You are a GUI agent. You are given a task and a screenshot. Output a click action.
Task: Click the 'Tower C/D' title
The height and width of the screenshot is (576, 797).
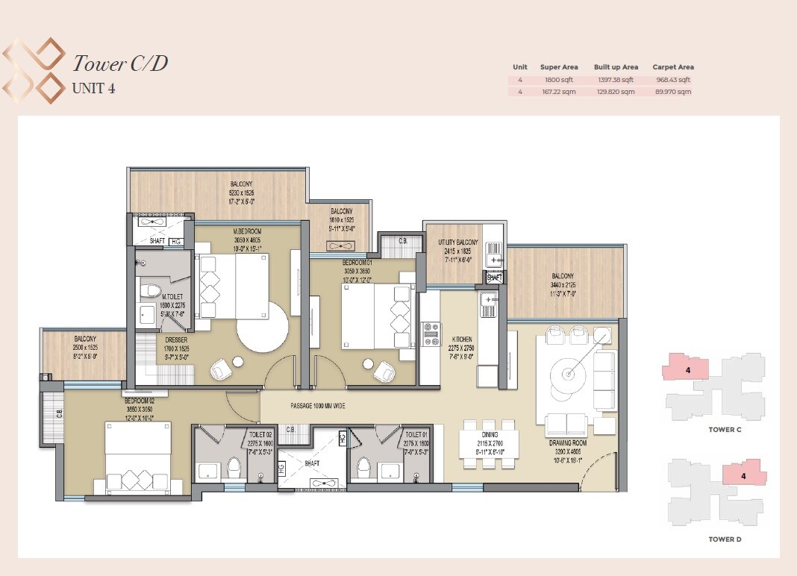[x=119, y=63]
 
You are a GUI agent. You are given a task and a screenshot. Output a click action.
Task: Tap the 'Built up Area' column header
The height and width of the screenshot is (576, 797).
[x=616, y=67]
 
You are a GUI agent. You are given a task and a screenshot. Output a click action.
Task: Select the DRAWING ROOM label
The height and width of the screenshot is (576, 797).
[x=569, y=442]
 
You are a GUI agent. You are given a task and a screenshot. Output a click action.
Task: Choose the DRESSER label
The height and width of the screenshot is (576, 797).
[x=176, y=339]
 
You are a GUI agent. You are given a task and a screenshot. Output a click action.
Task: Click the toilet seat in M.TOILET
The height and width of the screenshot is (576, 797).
[x=149, y=291]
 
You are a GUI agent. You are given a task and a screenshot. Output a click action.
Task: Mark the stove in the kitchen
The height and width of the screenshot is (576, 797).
[x=432, y=334]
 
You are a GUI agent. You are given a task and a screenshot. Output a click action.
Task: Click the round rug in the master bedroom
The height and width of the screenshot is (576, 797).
[x=262, y=325]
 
